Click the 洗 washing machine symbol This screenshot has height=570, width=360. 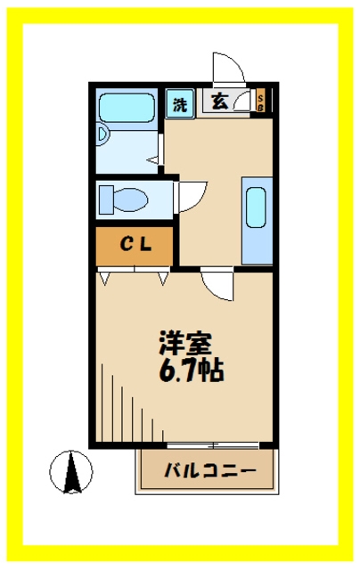pyautogui.click(x=180, y=103)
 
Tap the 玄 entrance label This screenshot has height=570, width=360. pyautogui.click(x=219, y=101)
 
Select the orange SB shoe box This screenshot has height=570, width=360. pyautogui.click(x=261, y=101)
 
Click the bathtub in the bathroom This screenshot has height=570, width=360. pyautogui.click(x=127, y=108)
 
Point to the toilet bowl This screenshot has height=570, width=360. pyautogui.click(x=131, y=199)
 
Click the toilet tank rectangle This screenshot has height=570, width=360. pyautogui.click(x=106, y=199)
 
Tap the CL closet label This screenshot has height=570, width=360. pyautogui.click(x=136, y=245)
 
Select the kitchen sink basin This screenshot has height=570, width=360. pyautogui.click(x=257, y=208)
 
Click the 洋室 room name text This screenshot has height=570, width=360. pyautogui.click(x=185, y=343)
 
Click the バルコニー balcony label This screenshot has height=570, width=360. pyautogui.click(x=210, y=471)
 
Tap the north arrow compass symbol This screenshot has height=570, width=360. pyautogui.click(x=71, y=472)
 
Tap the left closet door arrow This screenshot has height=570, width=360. pyautogui.click(x=105, y=279)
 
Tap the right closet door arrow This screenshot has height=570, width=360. pyautogui.click(x=163, y=279)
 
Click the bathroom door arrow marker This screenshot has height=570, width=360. pyautogui.click(x=152, y=159)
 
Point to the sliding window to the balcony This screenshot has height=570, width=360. pyautogui.click(x=213, y=445)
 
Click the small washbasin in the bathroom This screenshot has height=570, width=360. pyautogui.click(x=102, y=134)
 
